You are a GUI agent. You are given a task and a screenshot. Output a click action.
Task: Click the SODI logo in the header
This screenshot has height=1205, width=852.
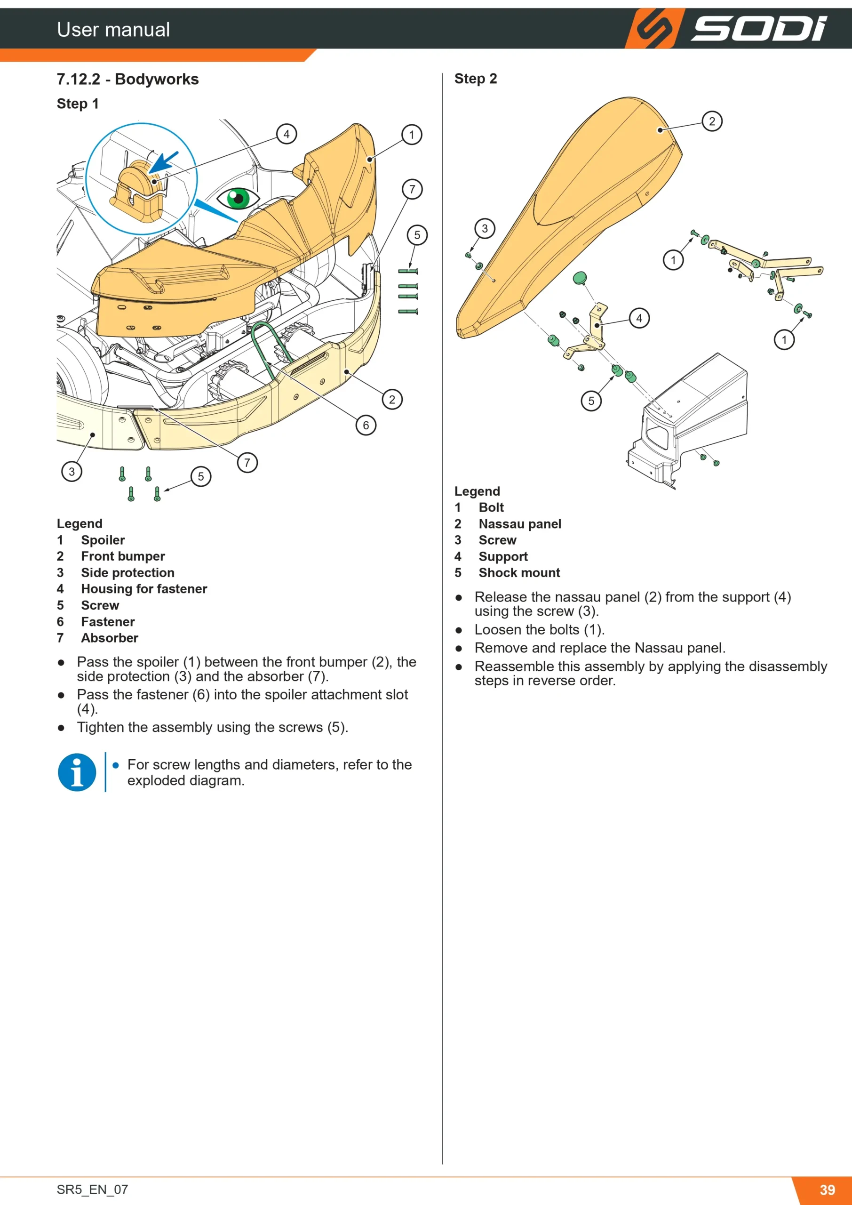tap(726, 28)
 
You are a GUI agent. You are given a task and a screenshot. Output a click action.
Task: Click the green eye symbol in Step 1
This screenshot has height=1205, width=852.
tap(238, 198)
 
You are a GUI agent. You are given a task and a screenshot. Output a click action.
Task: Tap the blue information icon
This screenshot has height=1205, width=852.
tap(77, 772)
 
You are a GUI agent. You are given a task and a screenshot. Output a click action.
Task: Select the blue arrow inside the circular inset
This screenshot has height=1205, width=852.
tap(164, 162)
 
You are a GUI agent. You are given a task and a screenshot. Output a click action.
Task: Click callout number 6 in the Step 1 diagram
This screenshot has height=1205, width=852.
tap(366, 425)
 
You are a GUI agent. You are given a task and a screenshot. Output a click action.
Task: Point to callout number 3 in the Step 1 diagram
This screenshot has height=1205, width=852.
tap(72, 471)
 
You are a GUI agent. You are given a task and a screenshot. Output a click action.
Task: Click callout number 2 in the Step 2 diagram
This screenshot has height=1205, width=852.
tap(712, 122)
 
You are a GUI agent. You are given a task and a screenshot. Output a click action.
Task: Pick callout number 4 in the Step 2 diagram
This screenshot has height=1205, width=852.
tap(639, 318)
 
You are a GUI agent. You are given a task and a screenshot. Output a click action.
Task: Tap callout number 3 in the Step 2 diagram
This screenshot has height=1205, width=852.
tap(485, 228)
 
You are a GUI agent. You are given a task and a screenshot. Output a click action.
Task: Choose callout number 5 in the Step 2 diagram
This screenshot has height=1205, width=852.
tap(591, 401)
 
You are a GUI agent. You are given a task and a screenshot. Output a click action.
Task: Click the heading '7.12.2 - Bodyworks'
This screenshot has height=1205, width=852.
tap(128, 79)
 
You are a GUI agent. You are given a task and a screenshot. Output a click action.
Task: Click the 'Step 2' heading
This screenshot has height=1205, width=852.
tap(475, 79)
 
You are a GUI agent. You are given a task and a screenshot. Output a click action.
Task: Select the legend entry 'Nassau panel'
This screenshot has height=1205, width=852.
tap(520, 524)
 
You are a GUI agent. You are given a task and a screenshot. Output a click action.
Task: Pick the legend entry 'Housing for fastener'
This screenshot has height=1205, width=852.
tap(144, 589)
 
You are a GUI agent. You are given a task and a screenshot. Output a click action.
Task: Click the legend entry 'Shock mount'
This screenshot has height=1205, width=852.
tap(519, 572)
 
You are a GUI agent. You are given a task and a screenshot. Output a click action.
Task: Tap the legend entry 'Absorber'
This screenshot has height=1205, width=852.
tap(110, 638)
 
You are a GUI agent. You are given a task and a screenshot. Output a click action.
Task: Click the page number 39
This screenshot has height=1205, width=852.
tap(828, 1190)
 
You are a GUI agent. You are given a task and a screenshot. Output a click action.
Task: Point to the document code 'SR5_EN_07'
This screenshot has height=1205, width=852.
tap(92, 1189)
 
